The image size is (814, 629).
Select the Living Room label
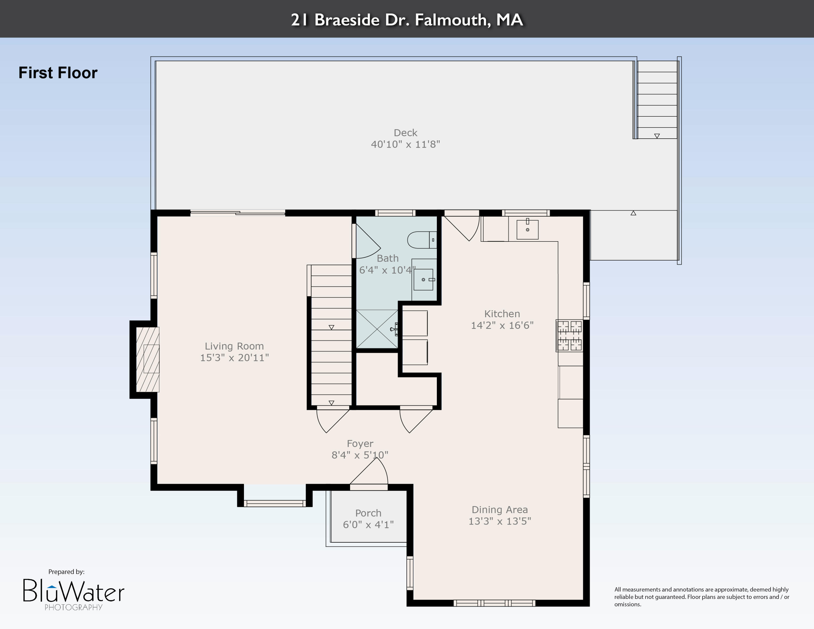(234, 346)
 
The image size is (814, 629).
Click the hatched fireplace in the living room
(148, 359)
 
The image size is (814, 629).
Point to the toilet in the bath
(421, 240)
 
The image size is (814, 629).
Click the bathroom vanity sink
(423, 279)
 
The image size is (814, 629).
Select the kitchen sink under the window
(527, 229)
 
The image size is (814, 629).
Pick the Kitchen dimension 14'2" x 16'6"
(502, 325)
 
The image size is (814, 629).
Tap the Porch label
(368, 513)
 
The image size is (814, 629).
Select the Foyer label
(360, 443)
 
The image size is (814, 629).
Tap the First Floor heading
(58, 73)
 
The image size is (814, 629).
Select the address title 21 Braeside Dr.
(407, 19)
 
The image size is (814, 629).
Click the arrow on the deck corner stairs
(657, 136)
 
